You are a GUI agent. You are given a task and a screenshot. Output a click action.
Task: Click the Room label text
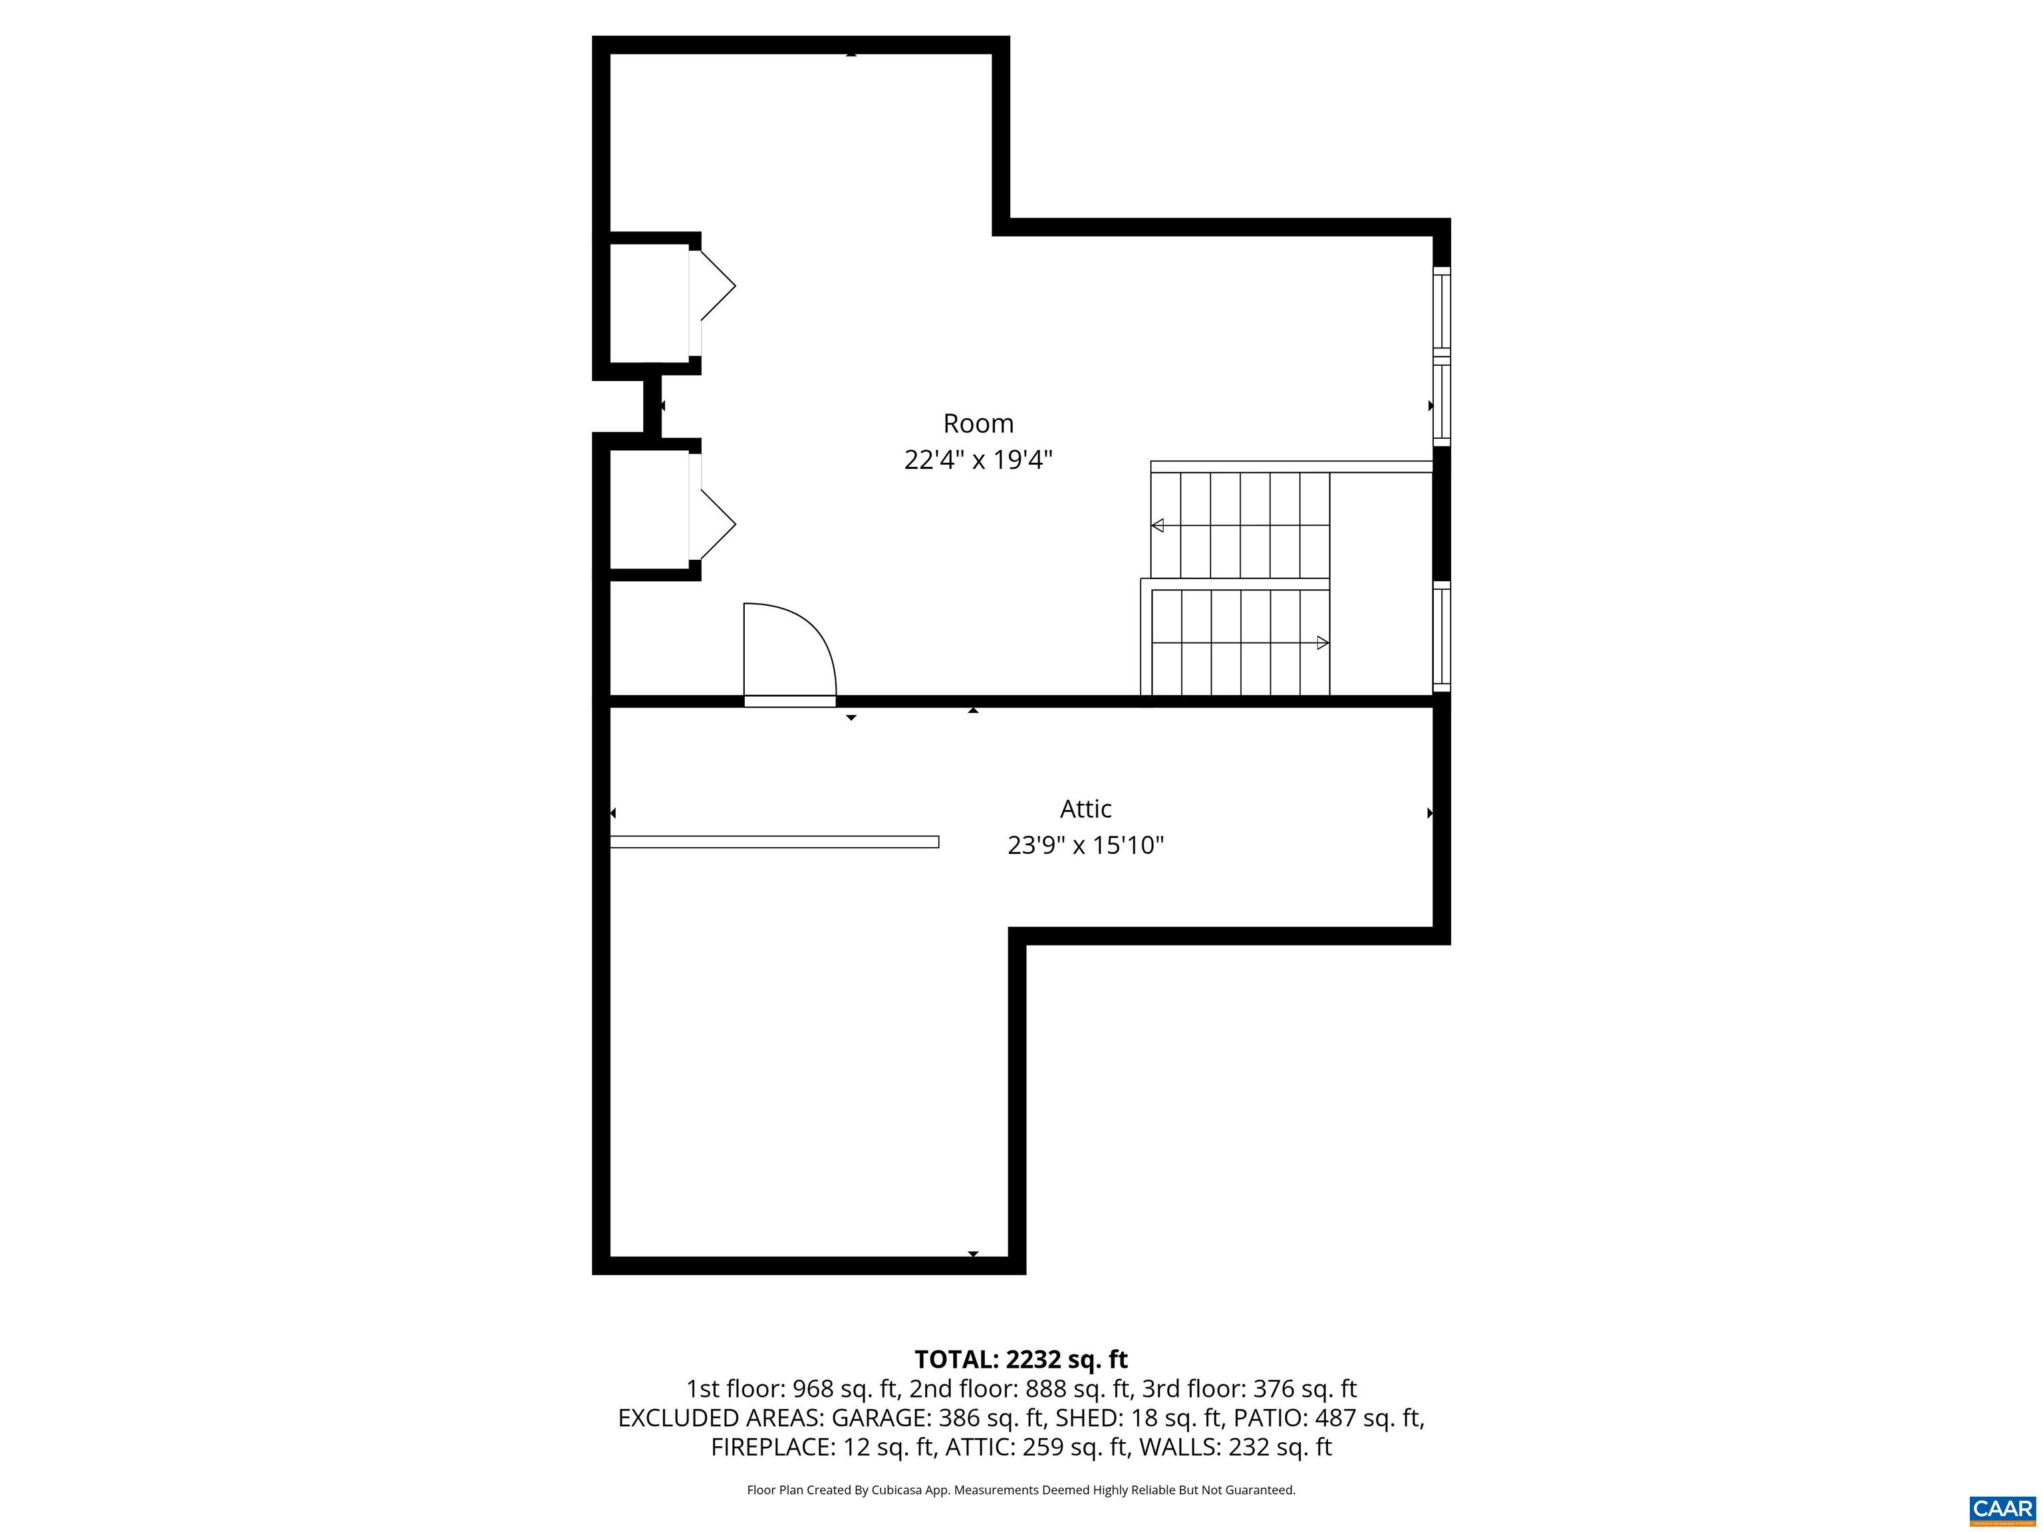point(978,424)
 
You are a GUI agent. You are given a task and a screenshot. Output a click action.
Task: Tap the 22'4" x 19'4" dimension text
point(978,460)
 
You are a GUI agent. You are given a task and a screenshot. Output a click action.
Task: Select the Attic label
point(1085,809)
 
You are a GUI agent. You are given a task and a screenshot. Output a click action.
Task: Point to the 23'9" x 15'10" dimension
point(1085,845)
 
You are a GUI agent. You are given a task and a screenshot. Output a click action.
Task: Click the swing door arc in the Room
point(803,637)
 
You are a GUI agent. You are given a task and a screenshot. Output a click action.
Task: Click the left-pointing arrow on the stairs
point(1157,525)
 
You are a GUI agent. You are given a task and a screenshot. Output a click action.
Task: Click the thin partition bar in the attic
point(774,841)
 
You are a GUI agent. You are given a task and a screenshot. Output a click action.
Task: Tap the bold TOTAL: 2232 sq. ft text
point(1021,1359)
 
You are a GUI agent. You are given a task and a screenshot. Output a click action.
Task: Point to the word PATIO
point(1267,1418)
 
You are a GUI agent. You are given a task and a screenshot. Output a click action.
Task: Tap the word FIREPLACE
point(772,1447)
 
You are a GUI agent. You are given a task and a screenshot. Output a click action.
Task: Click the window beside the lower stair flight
point(1441,636)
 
